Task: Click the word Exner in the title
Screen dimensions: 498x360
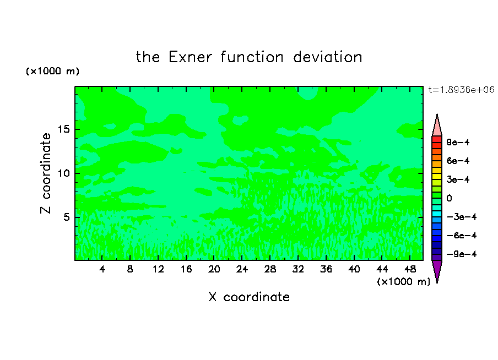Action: coord(190,57)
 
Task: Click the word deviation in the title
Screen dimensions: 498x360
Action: coord(328,57)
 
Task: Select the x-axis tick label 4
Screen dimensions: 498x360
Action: coord(102,269)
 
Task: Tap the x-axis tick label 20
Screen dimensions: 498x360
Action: coord(214,269)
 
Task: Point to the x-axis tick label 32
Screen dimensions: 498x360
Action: coord(298,269)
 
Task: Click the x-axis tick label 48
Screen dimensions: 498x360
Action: coord(410,269)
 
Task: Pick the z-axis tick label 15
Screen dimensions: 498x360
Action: coord(63,129)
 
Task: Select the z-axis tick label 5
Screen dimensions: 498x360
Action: coord(66,217)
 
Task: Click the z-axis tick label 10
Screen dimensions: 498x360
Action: coord(63,173)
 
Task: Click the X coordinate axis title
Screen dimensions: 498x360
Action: coord(249,297)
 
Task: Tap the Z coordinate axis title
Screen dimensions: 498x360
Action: coord(46,173)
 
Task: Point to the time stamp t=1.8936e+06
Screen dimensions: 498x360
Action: coord(462,90)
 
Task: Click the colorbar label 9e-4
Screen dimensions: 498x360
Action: coord(458,142)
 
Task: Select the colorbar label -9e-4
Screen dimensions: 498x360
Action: coord(462,254)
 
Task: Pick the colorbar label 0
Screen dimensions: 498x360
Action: coord(449,198)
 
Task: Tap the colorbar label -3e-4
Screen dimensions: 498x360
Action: coord(462,217)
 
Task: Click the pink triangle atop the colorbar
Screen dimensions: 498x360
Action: coord(437,127)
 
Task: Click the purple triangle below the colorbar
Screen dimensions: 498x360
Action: coord(437,269)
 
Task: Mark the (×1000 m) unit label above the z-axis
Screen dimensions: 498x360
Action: coord(53,71)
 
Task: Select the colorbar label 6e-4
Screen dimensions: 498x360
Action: coord(458,161)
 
